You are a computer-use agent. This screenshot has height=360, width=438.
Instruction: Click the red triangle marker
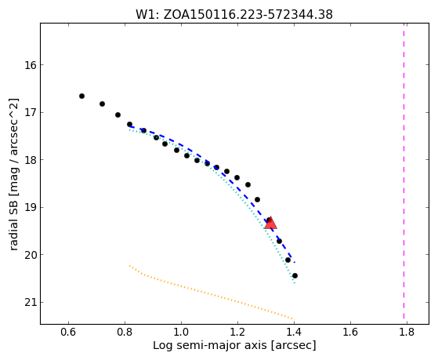click(x=270, y=223)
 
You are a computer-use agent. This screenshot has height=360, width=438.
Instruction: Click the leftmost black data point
click(x=81, y=96)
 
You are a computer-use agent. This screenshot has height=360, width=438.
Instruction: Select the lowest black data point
click(x=295, y=275)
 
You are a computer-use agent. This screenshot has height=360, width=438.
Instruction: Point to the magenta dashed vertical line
click(x=404, y=171)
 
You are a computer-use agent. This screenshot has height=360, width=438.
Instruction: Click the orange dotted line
click(x=212, y=293)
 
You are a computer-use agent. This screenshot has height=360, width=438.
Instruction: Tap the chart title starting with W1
click(x=234, y=15)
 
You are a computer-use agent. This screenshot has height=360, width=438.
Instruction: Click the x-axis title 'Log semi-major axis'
click(x=234, y=345)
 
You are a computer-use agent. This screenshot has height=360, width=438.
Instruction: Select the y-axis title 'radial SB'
click(x=14, y=174)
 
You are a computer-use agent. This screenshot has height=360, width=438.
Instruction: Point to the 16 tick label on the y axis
click(x=31, y=65)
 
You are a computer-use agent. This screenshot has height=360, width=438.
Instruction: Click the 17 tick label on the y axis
click(x=31, y=113)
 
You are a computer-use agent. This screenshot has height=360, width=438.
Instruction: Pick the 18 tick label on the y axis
click(x=31, y=160)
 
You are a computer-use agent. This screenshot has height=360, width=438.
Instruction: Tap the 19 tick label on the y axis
click(x=31, y=208)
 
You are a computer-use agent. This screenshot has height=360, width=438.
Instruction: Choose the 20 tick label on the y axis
click(x=31, y=255)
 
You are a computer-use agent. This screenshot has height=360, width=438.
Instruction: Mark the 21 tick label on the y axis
click(x=31, y=303)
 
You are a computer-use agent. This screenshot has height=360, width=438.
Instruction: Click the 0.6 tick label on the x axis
click(x=68, y=332)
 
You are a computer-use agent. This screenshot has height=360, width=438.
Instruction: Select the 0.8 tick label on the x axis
click(x=125, y=332)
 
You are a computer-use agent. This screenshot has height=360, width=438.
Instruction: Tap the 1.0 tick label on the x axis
click(x=181, y=332)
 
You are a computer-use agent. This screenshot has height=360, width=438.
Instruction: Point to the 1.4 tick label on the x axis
click(x=294, y=332)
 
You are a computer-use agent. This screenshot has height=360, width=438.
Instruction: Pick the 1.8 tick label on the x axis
click(x=407, y=332)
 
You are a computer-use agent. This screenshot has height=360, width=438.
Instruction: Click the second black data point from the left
click(x=102, y=104)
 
